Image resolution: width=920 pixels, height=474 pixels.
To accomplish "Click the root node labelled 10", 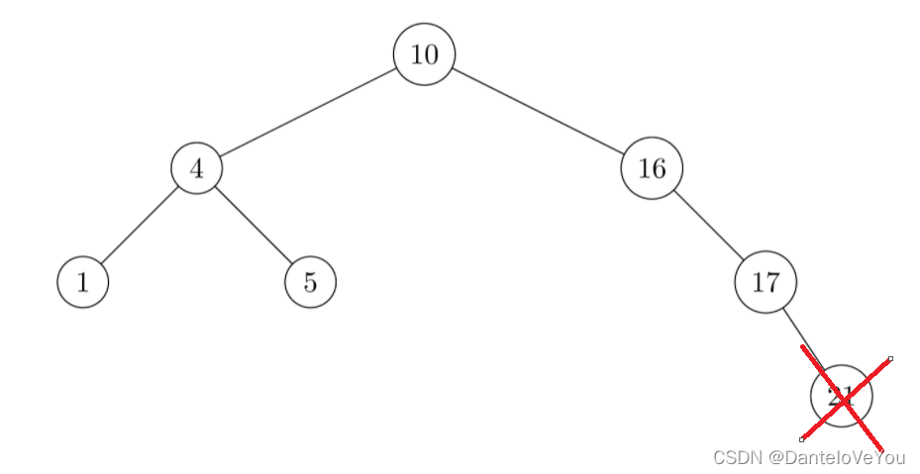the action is (x=424, y=54).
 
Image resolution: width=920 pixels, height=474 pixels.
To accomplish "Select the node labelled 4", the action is (x=196, y=168).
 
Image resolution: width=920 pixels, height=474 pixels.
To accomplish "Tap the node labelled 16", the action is (x=652, y=168).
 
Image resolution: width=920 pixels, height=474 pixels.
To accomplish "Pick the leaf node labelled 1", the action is (x=82, y=282).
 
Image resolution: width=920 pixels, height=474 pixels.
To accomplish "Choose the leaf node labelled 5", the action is (x=310, y=282).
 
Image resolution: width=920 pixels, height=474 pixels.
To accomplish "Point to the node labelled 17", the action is (x=766, y=282).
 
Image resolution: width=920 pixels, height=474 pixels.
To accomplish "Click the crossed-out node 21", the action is (x=841, y=396).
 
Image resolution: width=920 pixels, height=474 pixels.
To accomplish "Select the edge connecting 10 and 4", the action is (x=308, y=112).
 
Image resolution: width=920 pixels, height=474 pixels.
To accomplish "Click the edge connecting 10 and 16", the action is (x=539, y=112).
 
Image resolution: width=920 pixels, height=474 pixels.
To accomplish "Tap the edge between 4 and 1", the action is (x=139, y=226).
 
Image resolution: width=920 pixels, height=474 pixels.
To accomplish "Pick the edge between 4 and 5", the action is (x=254, y=226).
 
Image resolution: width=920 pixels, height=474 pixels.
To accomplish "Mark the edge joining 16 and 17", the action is (x=709, y=226).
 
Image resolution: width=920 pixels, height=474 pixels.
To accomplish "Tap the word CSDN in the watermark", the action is (x=738, y=457).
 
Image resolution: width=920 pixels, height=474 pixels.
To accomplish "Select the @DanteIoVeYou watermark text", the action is (x=837, y=457).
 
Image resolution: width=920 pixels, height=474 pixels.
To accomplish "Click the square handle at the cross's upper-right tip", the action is (x=890, y=358).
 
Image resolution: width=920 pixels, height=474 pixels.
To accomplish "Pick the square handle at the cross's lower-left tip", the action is (x=801, y=439).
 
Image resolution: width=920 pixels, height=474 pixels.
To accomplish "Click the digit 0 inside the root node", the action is (x=431, y=54).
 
